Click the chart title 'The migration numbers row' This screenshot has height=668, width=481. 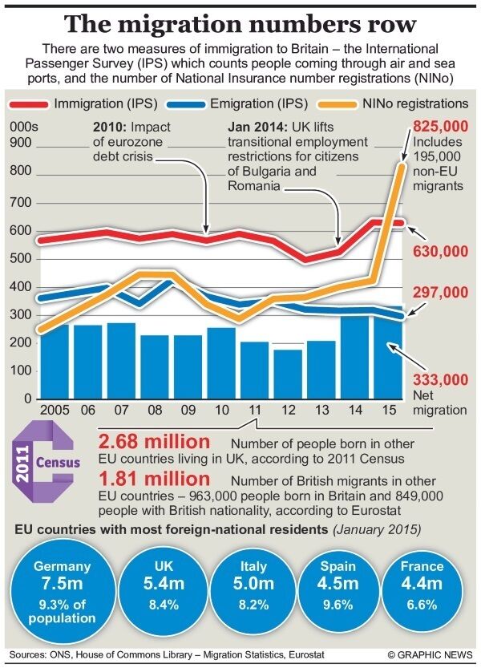pos(240,23)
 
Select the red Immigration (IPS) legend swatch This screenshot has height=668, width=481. pos(30,103)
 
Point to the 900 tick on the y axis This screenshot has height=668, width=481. pos(23,144)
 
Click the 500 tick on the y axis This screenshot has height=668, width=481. pos(23,259)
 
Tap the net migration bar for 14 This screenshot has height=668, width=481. pos(354,357)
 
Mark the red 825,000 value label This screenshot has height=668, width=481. pos(439,126)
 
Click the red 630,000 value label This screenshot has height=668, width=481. pos(440,251)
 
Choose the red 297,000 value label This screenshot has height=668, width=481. pos(440,294)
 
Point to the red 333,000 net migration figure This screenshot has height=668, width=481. pos(440,379)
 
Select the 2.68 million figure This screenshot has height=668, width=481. pos(154,442)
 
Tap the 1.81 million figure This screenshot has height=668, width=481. pos(154,479)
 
